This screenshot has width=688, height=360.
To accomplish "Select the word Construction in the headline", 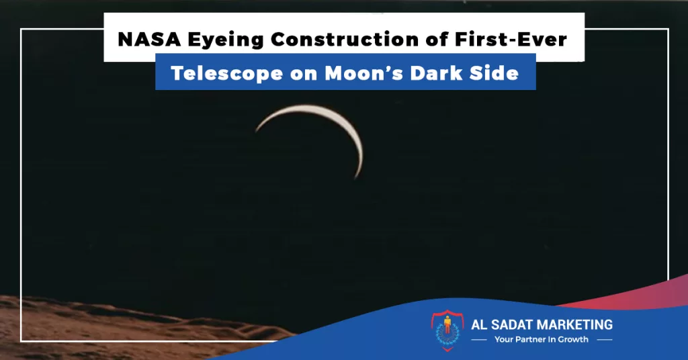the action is [x=345, y=40].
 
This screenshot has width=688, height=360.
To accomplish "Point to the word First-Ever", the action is [x=511, y=40].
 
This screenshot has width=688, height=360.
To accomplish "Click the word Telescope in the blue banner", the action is [x=226, y=73].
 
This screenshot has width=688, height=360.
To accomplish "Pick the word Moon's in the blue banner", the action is [x=363, y=73].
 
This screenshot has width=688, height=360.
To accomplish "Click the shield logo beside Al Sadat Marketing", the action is [x=447, y=330].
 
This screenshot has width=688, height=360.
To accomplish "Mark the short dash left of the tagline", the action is [x=478, y=340].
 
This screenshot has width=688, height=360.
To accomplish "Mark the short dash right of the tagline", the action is [x=605, y=340].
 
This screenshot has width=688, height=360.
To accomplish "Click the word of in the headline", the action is [x=437, y=40].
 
